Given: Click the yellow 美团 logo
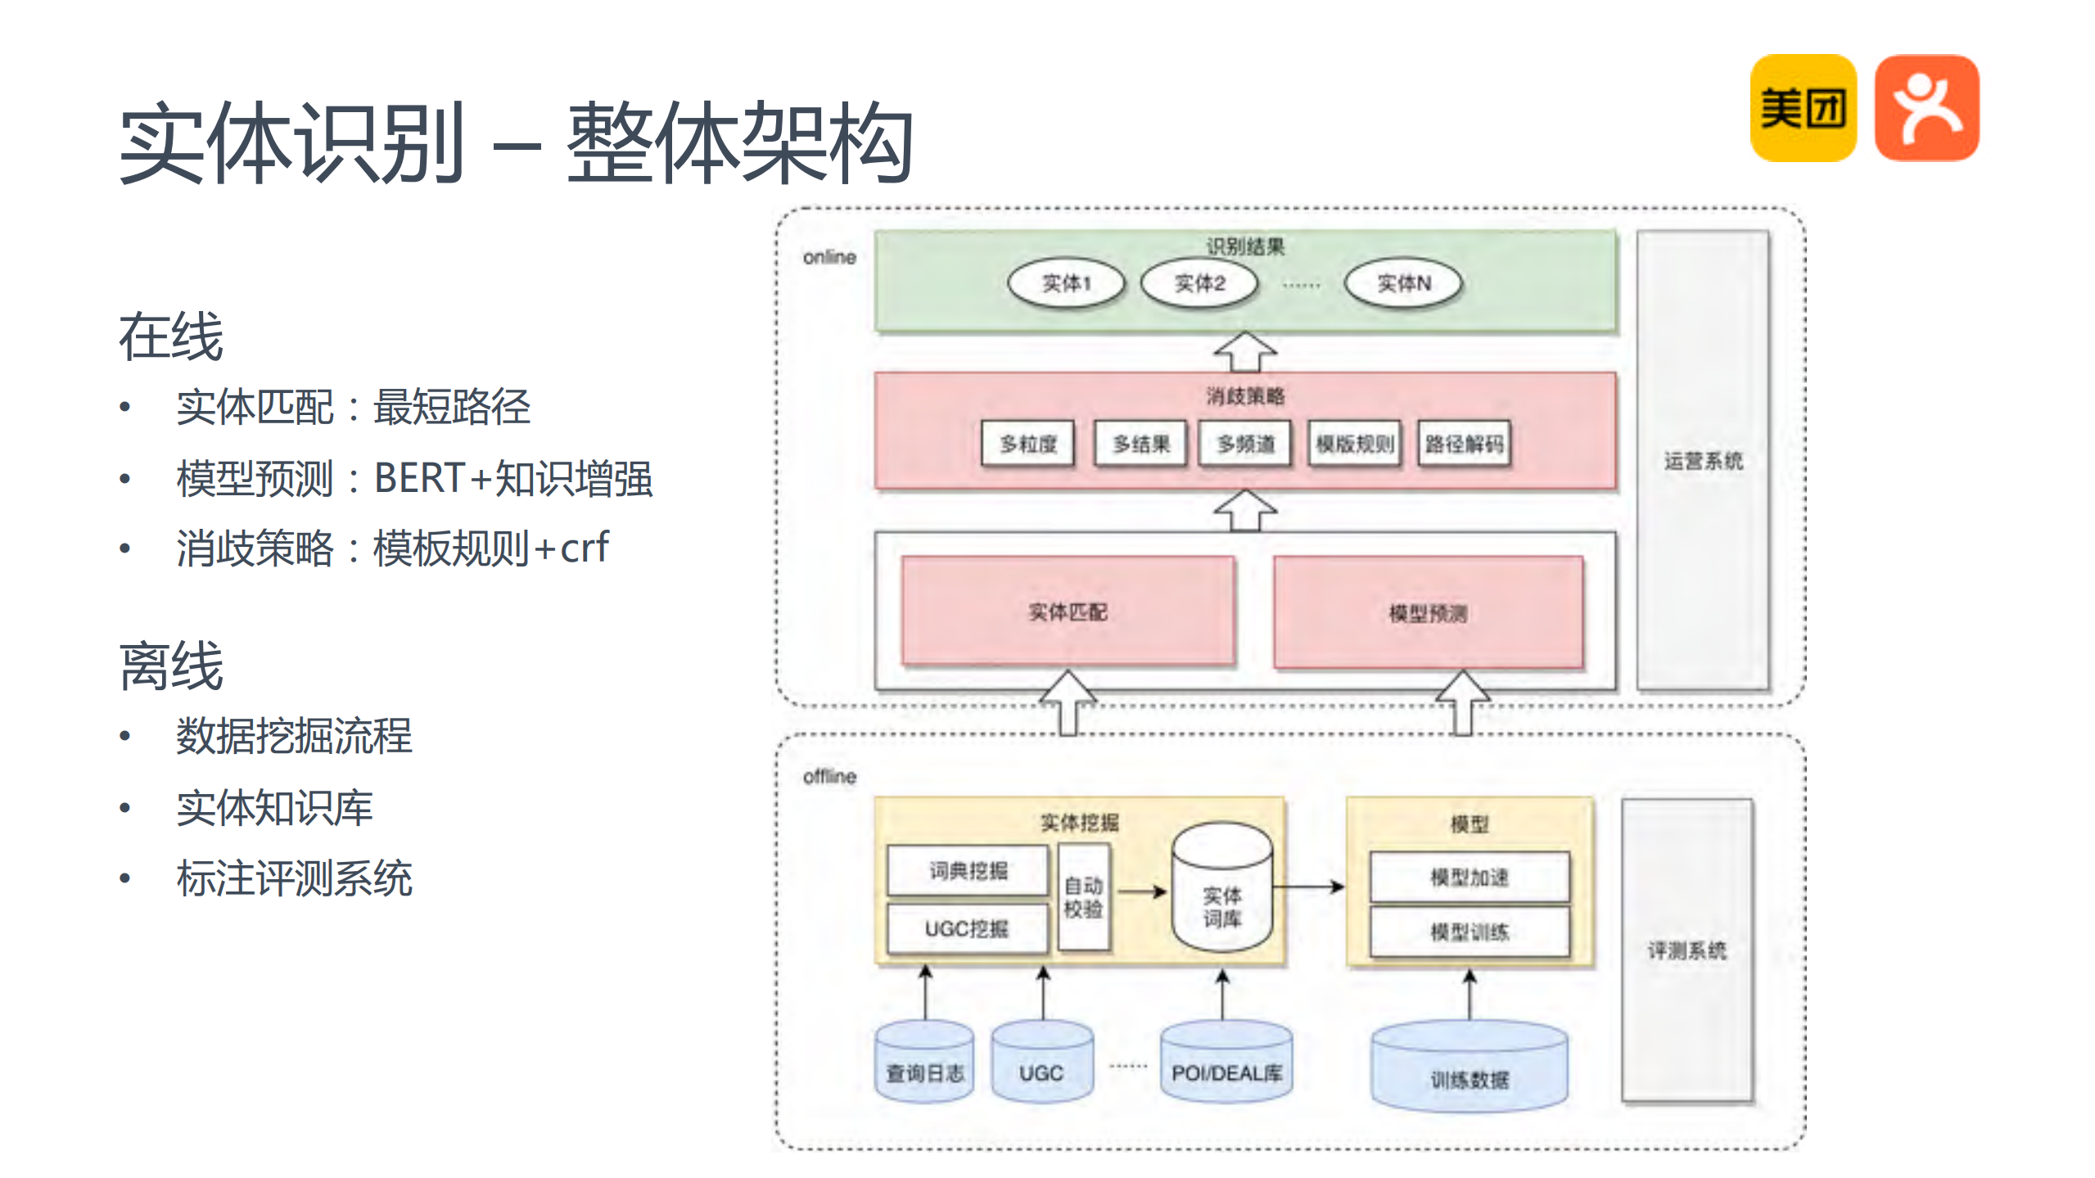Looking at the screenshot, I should [x=1803, y=108].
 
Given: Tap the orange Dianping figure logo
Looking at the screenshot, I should [x=1926, y=108].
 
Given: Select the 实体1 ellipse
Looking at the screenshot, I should [x=1066, y=283].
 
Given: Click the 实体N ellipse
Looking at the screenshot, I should [x=1403, y=283].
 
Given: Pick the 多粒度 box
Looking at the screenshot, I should [x=1027, y=444].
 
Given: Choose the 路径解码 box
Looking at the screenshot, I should [x=1464, y=444].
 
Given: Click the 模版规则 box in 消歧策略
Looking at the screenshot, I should [x=1355, y=444].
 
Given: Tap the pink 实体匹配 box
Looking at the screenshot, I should [x=1068, y=611].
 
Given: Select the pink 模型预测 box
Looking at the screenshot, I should [x=1428, y=612].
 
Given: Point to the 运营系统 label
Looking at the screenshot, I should [x=1703, y=461].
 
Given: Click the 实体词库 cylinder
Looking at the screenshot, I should [x=1221, y=892].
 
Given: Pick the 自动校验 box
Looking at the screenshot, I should [x=1083, y=897].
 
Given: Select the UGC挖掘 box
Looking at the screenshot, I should [x=967, y=928].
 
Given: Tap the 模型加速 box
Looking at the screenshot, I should [x=1470, y=878].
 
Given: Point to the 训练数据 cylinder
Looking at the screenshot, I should [x=1470, y=1068].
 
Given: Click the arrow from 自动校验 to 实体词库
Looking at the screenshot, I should [x=1141, y=891].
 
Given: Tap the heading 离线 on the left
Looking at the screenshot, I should [x=171, y=666].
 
